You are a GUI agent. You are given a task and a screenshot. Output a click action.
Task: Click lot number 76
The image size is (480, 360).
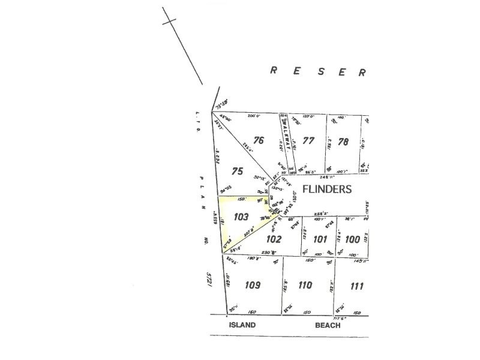click(x=259, y=141)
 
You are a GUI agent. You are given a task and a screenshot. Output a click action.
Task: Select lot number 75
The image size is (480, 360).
click(x=238, y=171)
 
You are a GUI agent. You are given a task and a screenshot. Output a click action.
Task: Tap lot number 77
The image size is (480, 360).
click(x=308, y=142)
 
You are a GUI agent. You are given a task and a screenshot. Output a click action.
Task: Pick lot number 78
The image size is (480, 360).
click(x=343, y=142)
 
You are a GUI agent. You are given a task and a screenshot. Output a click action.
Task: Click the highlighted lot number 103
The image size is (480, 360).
click(x=242, y=217)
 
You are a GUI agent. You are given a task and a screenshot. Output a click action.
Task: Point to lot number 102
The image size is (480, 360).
click(x=274, y=238)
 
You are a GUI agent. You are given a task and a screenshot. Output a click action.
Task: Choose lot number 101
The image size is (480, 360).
click(x=320, y=239)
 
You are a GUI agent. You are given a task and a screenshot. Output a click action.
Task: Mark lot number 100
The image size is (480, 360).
click(x=353, y=239)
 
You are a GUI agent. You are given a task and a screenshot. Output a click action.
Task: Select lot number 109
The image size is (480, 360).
click(x=253, y=285)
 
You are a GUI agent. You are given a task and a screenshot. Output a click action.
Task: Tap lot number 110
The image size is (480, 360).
click(x=305, y=285)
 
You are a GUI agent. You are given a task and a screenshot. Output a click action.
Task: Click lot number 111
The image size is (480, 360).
click(x=357, y=286)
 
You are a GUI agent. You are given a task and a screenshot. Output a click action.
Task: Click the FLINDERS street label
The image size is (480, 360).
click(x=328, y=188)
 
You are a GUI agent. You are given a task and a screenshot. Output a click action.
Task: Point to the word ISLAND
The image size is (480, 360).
click(x=242, y=325)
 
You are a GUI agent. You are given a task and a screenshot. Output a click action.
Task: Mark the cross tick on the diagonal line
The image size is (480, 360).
click(x=170, y=22)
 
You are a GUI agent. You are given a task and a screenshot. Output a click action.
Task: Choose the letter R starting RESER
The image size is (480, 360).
click(x=273, y=70)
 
